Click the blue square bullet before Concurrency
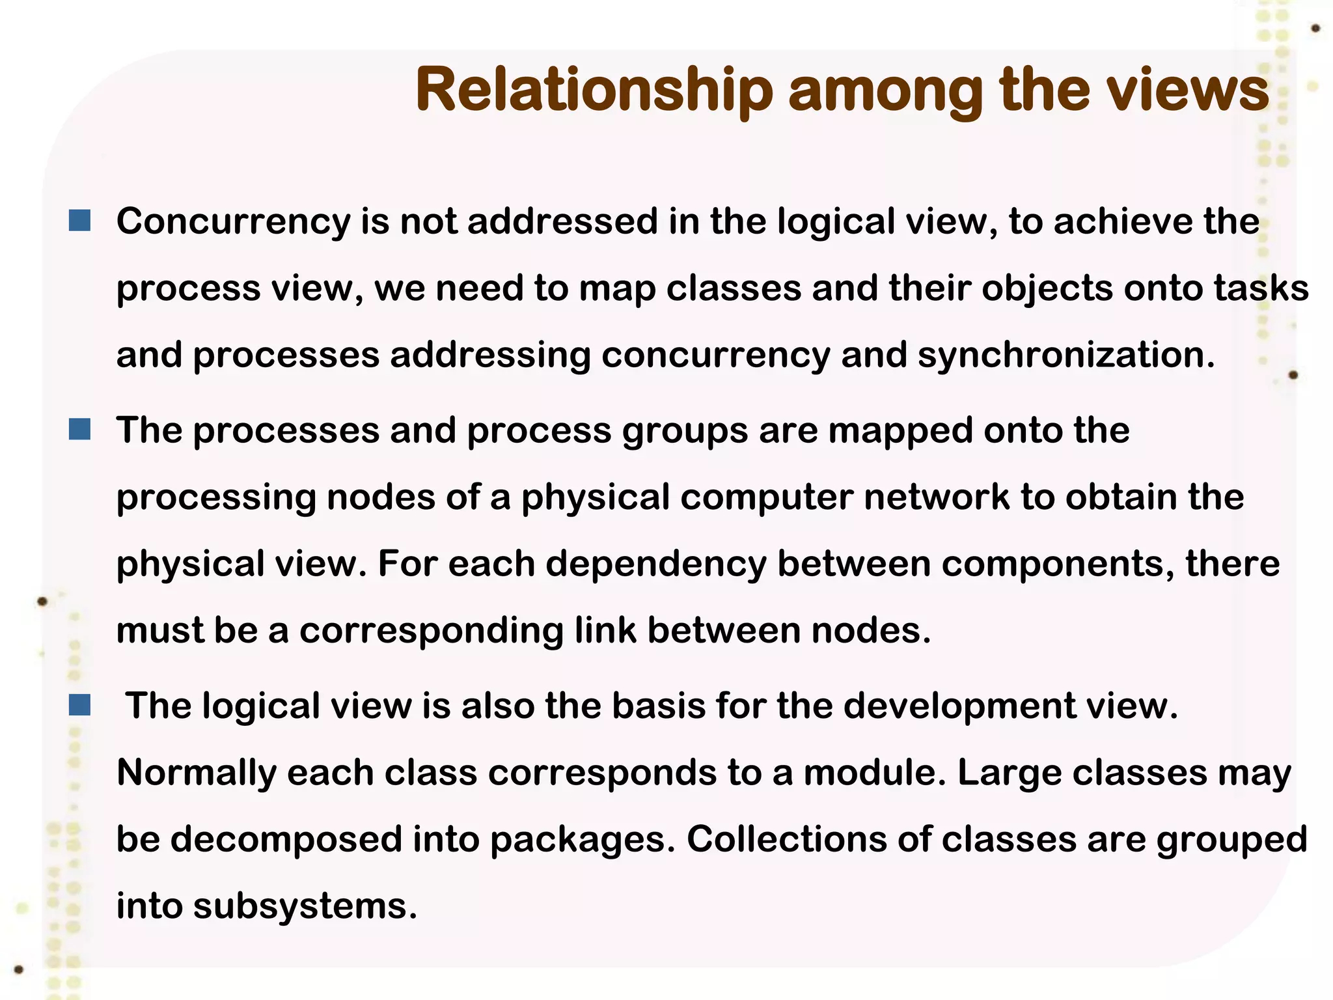[79, 221]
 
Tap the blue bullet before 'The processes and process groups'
[79, 430]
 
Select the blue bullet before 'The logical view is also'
[79, 704]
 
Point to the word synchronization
[1065, 355]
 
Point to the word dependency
[656, 564]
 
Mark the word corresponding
[431, 632]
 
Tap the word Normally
[196, 773]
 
